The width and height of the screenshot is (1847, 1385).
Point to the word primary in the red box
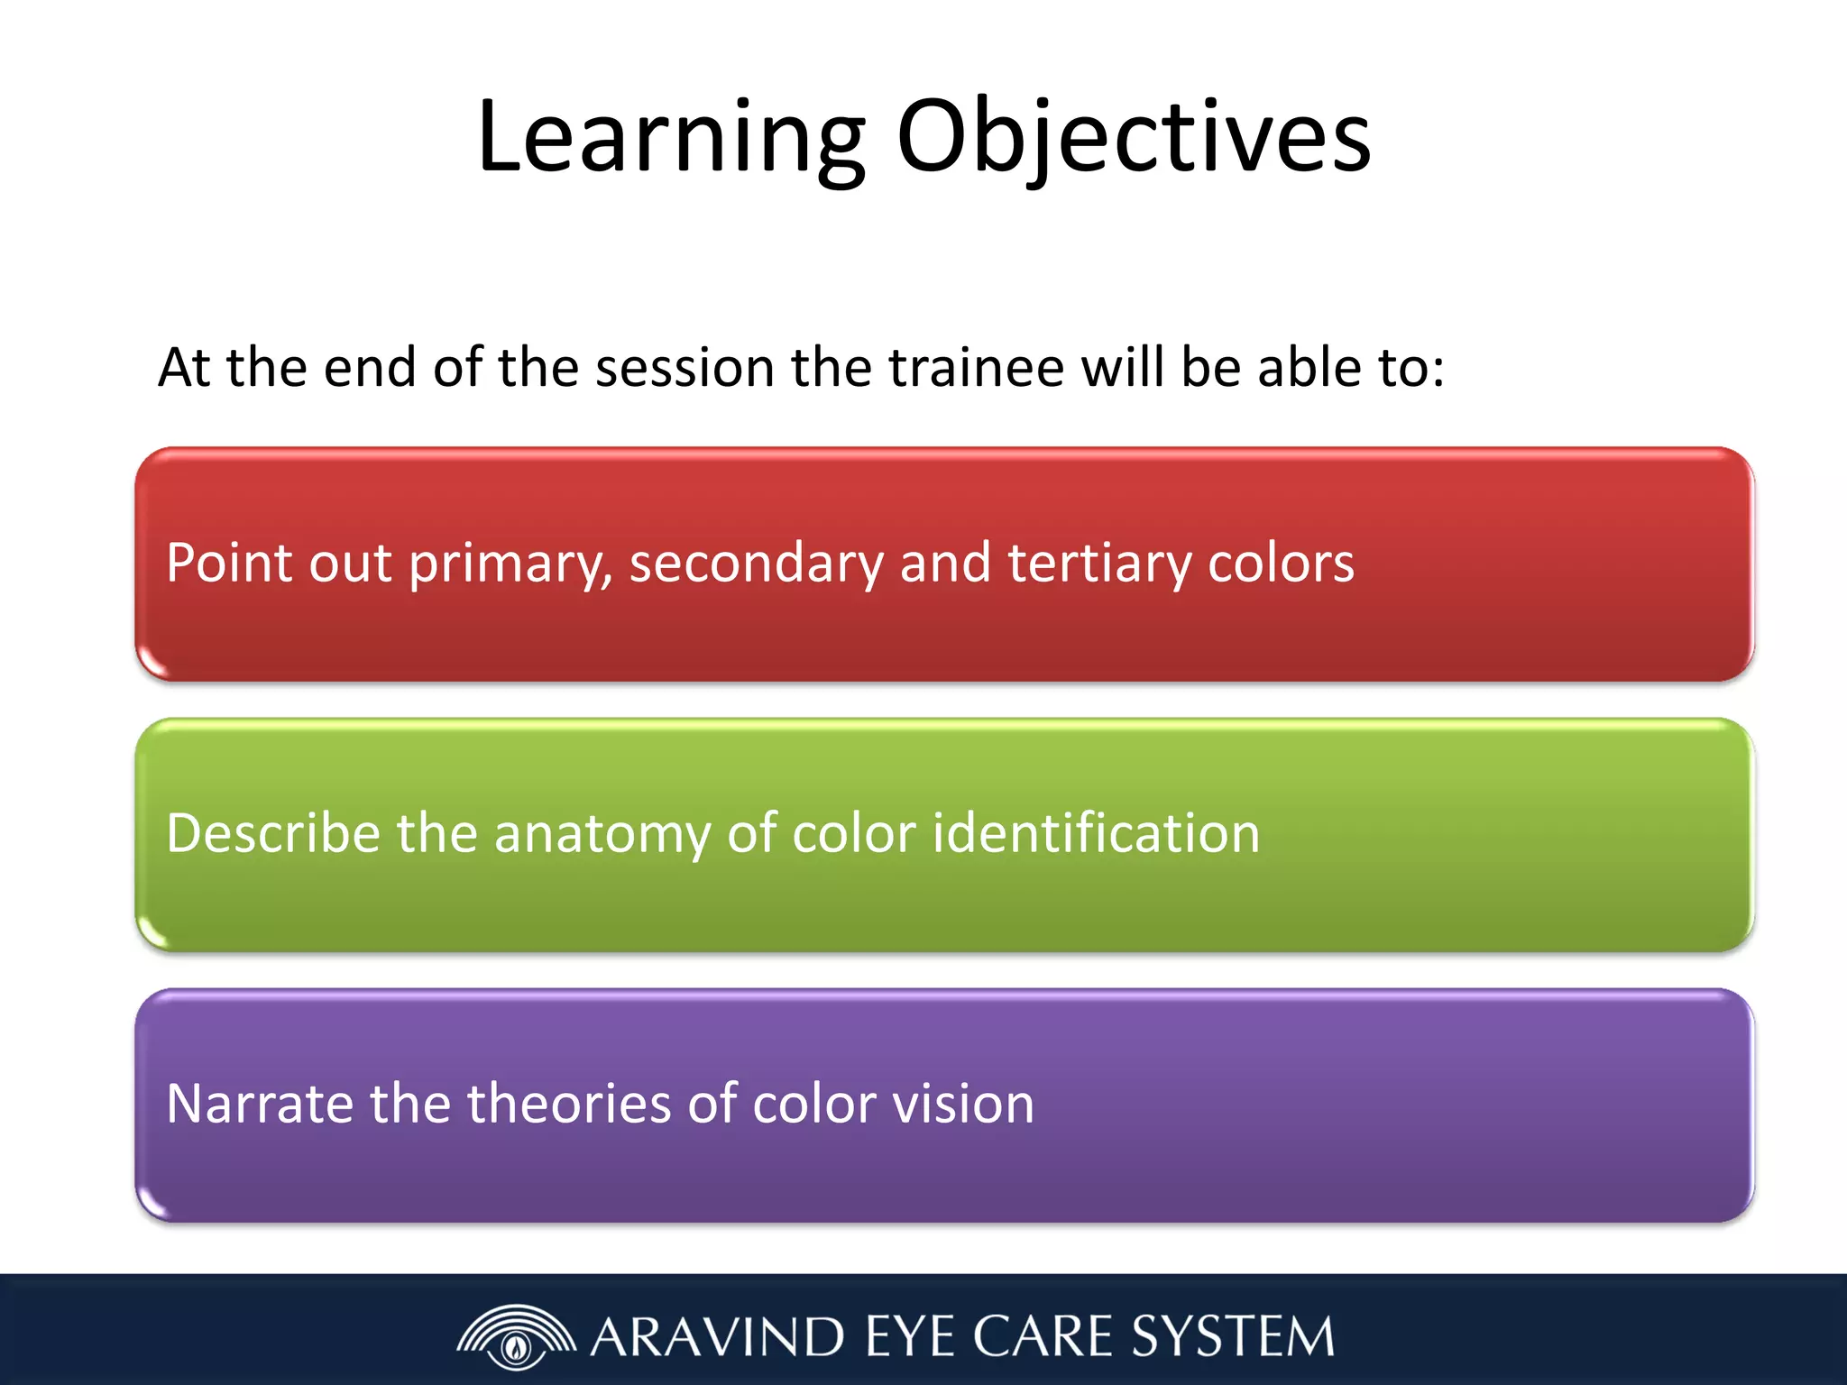tap(510, 564)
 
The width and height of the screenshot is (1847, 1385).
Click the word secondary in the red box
tap(757, 564)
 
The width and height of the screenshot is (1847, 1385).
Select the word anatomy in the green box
tap(602, 835)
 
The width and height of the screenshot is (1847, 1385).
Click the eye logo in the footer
tap(516, 1336)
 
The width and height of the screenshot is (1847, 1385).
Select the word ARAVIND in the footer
tap(718, 1336)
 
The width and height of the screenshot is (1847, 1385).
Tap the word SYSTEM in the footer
tap(1233, 1336)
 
